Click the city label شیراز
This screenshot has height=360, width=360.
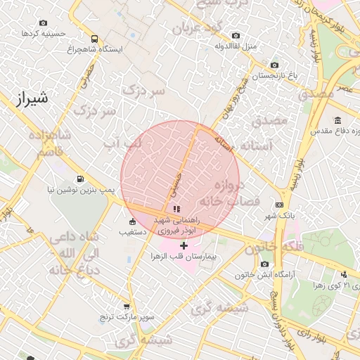(x=31, y=99)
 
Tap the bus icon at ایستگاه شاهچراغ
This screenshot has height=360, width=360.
(x=95, y=39)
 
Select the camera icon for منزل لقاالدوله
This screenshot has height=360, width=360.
(x=235, y=35)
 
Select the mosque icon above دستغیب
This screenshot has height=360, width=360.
(x=131, y=222)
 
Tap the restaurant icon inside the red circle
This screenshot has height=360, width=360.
(x=176, y=209)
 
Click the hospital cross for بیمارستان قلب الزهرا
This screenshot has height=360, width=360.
(x=184, y=245)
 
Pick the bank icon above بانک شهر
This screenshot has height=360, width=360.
(x=280, y=205)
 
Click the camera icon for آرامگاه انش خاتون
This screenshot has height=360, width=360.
(x=264, y=264)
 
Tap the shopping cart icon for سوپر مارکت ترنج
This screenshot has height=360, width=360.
(x=127, y=307)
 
